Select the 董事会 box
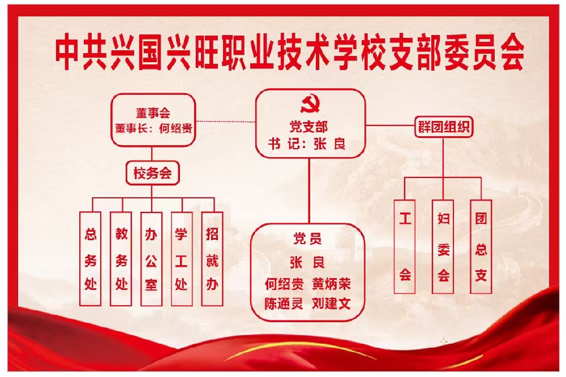pos(153,120)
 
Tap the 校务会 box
pos(152,174)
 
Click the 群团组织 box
pos(443,127)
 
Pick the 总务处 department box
pos(90,259)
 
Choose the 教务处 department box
pos(121,259)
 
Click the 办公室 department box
pos(151,259)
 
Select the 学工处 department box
pos(182,259)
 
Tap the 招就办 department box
pos(212,259)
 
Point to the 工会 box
pos(405,246)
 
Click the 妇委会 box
pos(443,246)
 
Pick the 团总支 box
pos(481,246)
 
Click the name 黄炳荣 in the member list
pos(331,284)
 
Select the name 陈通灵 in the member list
pos(284,304)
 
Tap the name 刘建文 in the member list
pos(331,304)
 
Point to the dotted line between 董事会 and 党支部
pos(226,122)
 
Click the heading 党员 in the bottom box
pos(307,239)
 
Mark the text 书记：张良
pos(307,144)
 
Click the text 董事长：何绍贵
pos(153,128)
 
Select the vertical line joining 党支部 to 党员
pos(309,191)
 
